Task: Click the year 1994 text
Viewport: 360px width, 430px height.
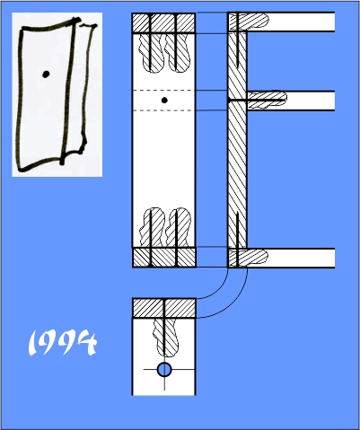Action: (x=62, y=342)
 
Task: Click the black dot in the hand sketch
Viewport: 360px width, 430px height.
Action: (x=46, y=75)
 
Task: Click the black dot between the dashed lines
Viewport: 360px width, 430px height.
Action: (x=164, y=101)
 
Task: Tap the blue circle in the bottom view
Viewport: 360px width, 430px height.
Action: (x=164, y=370)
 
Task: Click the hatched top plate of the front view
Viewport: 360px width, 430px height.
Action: (x=164, y=23)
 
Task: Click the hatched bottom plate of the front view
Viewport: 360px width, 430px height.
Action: (x=164, y=257)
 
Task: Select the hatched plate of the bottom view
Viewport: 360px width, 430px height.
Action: (x=164, y=308)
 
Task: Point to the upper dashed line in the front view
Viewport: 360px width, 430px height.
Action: (x=164, y=90)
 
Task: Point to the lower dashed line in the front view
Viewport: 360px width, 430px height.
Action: (x=164, y=110)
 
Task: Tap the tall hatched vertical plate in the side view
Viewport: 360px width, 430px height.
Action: (x=237, y=140)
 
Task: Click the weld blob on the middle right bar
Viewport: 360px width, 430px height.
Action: (x=267, y=100)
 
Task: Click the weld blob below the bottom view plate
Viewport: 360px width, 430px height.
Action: (x=165, y=338)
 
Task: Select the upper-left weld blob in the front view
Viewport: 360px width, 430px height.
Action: (x=152, y=53)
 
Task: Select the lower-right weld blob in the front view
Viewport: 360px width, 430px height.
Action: (x=178, y=227)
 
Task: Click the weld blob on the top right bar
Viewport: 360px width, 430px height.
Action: (x=249, y=22)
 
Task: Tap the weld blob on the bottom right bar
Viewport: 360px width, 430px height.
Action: (x=249, y=258)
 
